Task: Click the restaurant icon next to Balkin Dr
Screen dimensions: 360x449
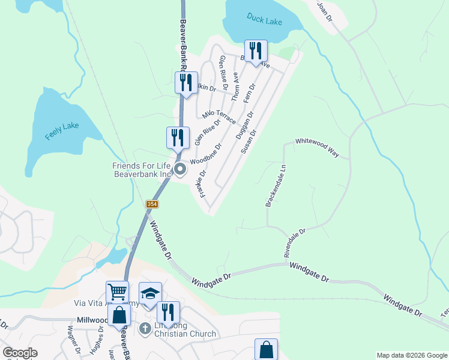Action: point(185,83)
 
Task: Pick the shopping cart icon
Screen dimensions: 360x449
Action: point(117,292)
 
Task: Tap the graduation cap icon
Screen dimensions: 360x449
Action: point(150,293)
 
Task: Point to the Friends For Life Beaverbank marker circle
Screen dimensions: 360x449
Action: point(181,170)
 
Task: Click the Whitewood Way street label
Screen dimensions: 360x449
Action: point(316,147)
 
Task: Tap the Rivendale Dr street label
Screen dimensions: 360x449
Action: point(295,242)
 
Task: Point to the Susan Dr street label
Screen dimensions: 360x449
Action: point(249,142)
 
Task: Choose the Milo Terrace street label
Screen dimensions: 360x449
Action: point(219,116)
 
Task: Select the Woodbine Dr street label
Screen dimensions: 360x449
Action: point(206,154)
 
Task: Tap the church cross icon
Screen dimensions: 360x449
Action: point(145,329)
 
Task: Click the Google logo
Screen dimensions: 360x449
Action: point(20,353)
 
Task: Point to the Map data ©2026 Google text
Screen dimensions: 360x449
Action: point(412,355)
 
